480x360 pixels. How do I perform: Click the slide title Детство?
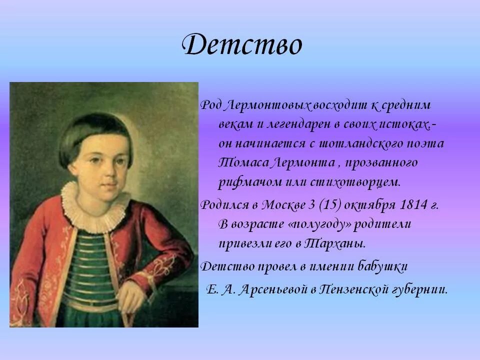tap(242, 45)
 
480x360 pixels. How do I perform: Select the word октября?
tap(362, 205)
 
